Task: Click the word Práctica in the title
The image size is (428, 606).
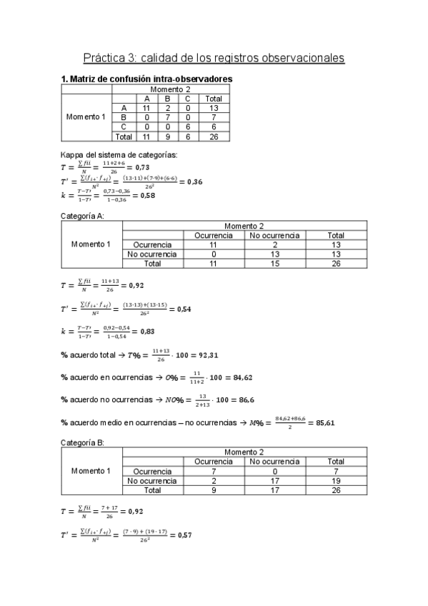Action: (104, 56)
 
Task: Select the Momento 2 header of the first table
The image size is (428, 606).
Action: (169, 89)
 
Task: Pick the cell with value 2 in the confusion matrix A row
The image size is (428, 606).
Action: (167, 107)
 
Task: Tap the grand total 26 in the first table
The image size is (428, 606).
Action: (213, 136)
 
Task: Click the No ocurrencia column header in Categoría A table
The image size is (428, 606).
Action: (274, 235)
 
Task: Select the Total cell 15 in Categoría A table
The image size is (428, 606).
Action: (274, 263)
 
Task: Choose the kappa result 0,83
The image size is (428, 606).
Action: (144, 332)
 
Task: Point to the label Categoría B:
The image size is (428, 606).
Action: (83, 443)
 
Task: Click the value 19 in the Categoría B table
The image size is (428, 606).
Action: (335, 481)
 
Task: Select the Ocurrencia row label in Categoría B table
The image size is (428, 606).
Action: (152, 472)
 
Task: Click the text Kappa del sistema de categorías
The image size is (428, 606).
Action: (119, 154)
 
